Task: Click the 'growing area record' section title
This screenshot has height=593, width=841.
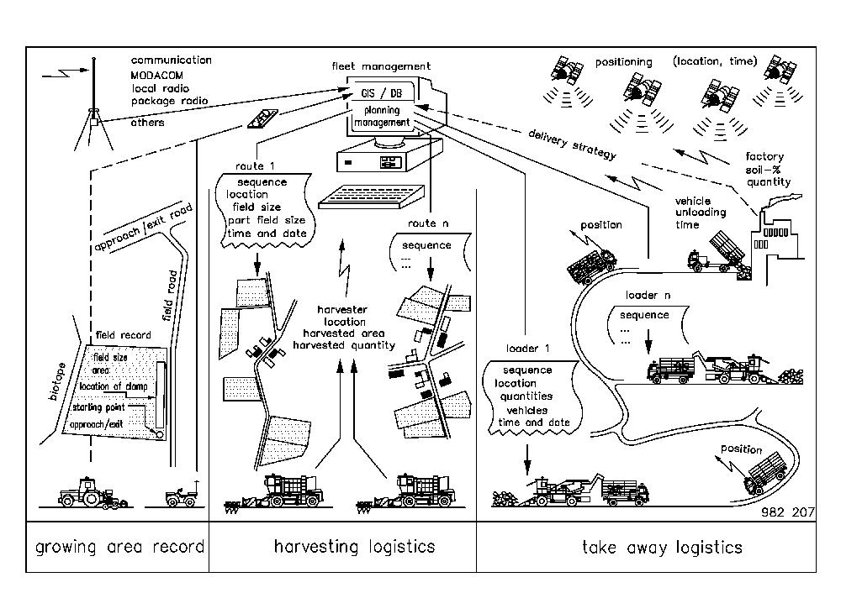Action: coord(119,548)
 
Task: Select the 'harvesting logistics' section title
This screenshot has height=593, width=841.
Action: coord(354,547)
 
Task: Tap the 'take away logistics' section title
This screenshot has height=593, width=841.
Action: coord(662,548)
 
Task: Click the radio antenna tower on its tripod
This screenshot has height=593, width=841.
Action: coord(95,109)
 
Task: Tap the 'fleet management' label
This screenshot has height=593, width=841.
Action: coord(381,66)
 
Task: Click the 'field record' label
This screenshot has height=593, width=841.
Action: coord(124,334)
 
